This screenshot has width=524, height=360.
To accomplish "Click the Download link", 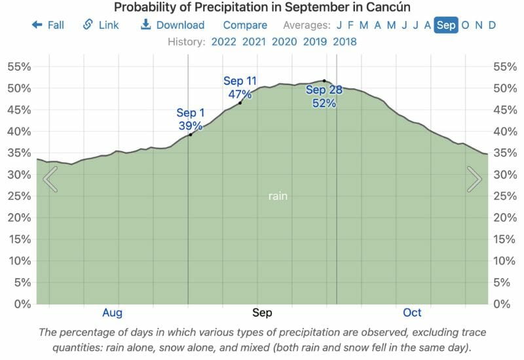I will (x=172, y=26).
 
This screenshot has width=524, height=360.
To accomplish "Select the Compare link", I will (x=245, y=26).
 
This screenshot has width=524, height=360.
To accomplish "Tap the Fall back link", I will (x=48, y=26).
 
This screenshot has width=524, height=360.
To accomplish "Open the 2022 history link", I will (x=224, y=42).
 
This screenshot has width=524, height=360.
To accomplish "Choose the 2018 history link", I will (x=345, y=42).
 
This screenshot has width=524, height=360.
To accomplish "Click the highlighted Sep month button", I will (x=446, y=26).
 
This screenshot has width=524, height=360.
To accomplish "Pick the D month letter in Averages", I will (x=492, y=26).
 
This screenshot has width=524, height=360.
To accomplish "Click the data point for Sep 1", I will (x=190, y=135).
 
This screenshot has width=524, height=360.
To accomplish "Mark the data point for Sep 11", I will (x=240, y=103).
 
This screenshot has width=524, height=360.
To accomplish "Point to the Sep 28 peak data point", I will (x=324, y=81).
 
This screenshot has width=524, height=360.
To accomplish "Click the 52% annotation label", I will (x=324, y=103).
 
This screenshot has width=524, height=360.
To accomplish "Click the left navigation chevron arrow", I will (x=50, y=179).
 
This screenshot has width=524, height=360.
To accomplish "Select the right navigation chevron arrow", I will (x=474, y=179).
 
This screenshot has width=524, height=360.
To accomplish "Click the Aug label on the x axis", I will (x=112, y=312).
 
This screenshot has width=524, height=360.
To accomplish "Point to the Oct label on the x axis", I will (x=412, y=312).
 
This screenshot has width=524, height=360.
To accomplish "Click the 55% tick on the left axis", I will (x=19, y=67).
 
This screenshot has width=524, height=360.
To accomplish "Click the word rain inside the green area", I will (x=278, y=196).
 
